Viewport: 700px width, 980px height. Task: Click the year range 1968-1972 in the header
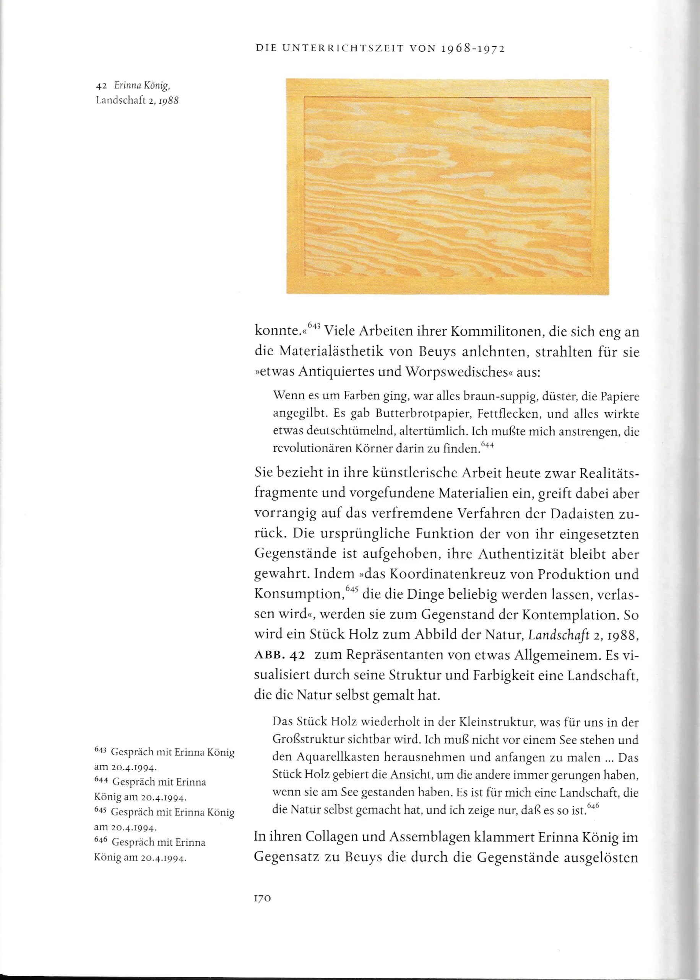point(473,49)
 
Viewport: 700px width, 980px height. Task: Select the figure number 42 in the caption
point(101,85)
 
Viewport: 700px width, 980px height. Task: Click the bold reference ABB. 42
point(280,655)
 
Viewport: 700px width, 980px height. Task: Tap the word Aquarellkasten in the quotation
point(338,757)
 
